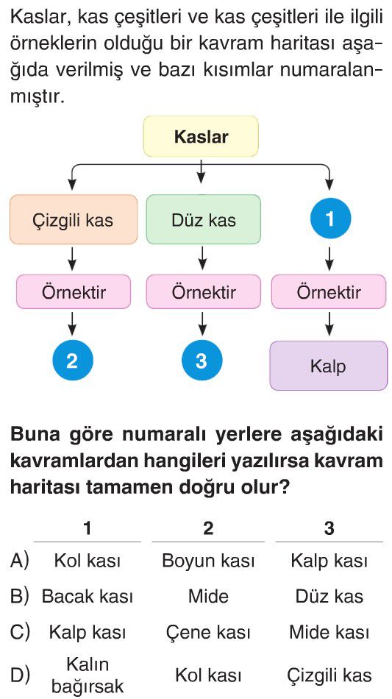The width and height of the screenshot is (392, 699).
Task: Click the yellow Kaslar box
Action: (201, 136)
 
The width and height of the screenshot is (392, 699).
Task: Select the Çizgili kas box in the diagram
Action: (74, 219)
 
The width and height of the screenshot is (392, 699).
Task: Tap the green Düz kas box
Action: (203, 219)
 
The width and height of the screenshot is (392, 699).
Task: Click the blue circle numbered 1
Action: (330, 219)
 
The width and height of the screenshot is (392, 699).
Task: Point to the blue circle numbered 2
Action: (72, 361)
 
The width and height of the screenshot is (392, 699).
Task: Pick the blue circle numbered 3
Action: (202, 361)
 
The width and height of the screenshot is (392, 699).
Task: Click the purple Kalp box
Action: (329, 366)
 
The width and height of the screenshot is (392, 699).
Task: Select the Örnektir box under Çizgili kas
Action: (74, 292)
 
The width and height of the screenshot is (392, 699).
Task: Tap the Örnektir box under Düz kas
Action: (203, 292)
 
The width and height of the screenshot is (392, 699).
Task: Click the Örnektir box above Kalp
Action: (329, 292)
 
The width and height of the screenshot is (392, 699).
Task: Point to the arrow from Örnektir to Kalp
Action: (329, 324)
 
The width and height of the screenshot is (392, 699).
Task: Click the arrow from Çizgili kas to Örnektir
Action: (73, 258)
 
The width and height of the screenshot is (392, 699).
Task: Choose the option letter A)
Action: (20, 561)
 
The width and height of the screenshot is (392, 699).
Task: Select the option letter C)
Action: (20, 632)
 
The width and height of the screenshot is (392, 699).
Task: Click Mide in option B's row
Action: (208, 596)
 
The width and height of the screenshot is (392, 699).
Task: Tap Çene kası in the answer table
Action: (208, 632)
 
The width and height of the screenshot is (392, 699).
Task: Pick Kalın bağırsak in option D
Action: (88, 676)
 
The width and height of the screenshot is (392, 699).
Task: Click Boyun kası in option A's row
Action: (208, 561)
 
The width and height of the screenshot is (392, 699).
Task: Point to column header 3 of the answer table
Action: (329, 528)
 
